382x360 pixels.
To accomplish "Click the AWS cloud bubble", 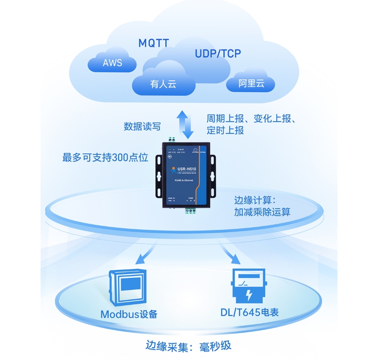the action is (x=112, y=63).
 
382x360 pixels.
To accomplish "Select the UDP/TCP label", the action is (x=218, y=53).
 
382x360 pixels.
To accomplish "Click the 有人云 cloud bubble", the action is (x=163, y=84).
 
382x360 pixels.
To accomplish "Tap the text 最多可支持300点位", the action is (x=105, y=158).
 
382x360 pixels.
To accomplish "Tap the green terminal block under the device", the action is (x=191, y=211).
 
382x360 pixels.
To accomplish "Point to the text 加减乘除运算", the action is (x=262, y=213).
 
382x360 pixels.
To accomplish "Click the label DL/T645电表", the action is (x=249, y=313).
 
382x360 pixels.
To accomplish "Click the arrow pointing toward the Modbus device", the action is (x=144, y=256).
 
